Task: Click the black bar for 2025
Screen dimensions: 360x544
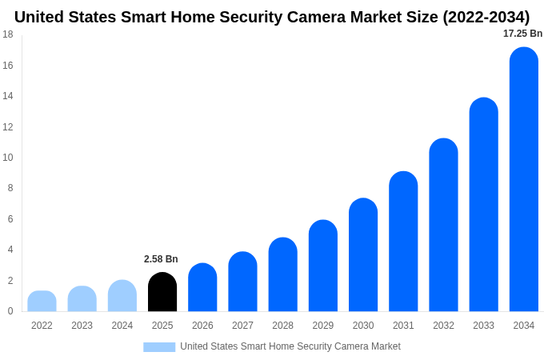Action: pos(162,292)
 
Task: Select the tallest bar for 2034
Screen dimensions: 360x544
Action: pos(523,179)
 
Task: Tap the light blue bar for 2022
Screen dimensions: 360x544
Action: pos(42,302)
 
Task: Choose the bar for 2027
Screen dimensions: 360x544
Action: pos(242,282)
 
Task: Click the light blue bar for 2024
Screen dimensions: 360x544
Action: pos(122,296)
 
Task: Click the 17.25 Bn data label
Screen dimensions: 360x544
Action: pos(522,34)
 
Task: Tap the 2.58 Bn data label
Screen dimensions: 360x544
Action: pos(161,259)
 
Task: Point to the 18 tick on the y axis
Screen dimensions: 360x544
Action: pos(8,34)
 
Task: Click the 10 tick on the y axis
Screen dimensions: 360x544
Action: pos(8,158)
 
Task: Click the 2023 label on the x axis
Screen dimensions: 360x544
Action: pos(82,326)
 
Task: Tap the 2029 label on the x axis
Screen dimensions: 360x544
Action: pos(323,326)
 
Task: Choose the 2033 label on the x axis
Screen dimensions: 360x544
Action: pos(483,326)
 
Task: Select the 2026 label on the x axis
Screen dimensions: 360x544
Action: pos(202,326)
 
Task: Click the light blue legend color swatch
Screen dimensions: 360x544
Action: pos(159,346)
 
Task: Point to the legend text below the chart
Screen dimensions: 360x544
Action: pos(290,346)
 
